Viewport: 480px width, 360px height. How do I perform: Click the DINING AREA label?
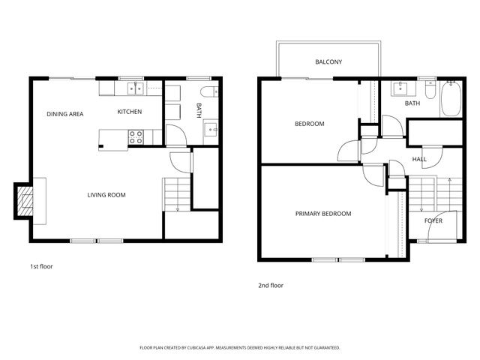click(64, 114)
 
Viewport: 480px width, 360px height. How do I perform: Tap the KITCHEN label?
click(130, 112)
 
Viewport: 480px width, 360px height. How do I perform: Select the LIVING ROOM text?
click(106, 195)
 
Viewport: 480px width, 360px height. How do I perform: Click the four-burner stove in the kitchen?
click(136, 136)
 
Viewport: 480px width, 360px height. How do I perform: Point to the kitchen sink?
click(135, 89)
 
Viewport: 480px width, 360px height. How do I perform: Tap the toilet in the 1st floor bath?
click(210, 92)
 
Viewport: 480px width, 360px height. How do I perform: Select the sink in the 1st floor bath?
click(211, 128)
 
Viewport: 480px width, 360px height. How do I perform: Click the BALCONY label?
click(328, 61)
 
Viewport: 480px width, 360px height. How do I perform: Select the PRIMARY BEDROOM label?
click(323, 214)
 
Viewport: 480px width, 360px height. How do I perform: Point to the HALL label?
click(419, 159)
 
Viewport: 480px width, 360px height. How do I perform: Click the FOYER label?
click(433, 221)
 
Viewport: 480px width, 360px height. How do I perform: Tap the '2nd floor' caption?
click(271, 285)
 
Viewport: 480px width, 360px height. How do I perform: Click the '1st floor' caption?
click(41, 266)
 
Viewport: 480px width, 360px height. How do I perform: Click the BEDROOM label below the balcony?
click(309, 124)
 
